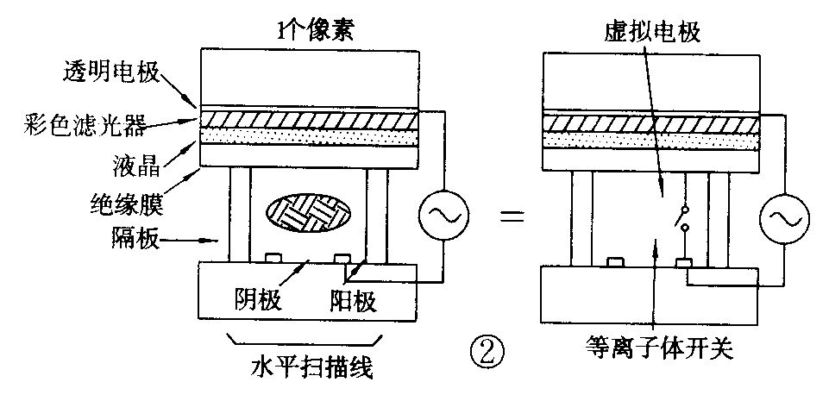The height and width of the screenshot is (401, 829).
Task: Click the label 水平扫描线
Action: coord(311,369)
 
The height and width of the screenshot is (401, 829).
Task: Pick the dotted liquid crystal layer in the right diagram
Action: coord(652,138)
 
